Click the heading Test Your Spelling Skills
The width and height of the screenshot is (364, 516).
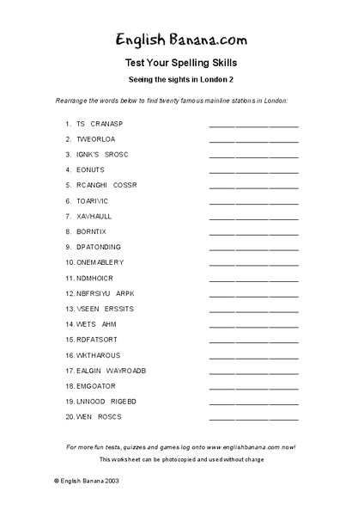pos(181,63)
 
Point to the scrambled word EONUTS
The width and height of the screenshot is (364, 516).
pos(91,169)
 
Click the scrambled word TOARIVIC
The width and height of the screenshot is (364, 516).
pos(95,200)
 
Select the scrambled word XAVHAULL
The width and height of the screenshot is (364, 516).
pos(94,216)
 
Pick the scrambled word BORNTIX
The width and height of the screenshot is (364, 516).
pos(93,231)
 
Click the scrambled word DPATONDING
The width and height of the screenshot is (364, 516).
pos(99,247)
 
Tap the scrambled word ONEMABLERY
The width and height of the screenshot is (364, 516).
pos(100,262)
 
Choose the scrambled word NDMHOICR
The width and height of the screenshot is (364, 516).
pos(96,278)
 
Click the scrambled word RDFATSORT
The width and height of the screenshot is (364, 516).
pos(97,340)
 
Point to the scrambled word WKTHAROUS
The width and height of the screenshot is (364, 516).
pos(99,355)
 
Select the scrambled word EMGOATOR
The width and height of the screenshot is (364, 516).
pos(96,386)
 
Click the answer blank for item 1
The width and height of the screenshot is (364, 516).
pos(253,126)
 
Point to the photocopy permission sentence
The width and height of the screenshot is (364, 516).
pos(181,460)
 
